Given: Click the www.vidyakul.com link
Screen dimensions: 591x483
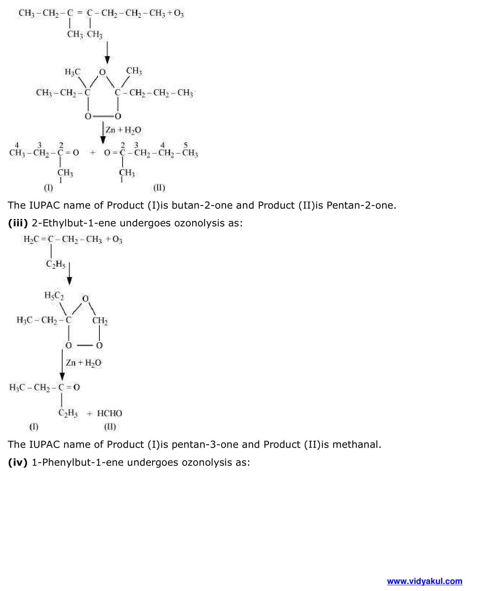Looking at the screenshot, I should [x=424, y=581].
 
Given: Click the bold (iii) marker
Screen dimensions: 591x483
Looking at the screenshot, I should [x=18, y=223].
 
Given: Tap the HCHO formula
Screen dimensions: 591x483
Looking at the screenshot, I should [x=110, y=413].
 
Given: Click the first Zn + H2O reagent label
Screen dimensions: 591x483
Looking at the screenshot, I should [x=123, y=130].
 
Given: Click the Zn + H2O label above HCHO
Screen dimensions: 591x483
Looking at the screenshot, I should [x=84, y=363].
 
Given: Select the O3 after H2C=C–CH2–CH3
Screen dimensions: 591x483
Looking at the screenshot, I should [x=117, y=240].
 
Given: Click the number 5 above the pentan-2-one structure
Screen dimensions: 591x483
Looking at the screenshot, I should [x=186, y=145].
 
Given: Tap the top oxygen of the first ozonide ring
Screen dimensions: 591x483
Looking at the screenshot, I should [x=102, y=72].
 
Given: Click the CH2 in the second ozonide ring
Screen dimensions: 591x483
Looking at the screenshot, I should [x=100, y=320].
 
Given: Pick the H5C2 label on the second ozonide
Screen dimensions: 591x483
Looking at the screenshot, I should [x=54, y=295].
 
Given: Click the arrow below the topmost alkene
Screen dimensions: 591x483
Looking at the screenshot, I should [x=107, y=53].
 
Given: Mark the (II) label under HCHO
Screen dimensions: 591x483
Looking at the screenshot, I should [x=110, y=427].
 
